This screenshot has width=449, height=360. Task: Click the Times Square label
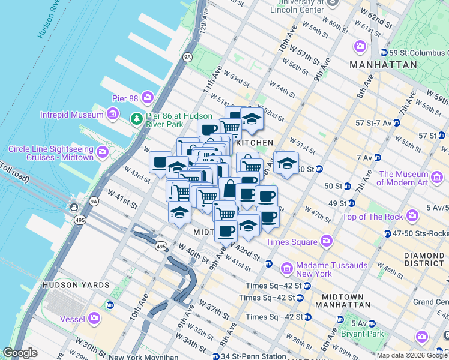[291, 242]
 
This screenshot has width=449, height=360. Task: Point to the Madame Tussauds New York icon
[287, 267]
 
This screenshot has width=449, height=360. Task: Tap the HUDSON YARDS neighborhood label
[76, 285]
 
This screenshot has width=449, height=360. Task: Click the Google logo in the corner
[20, 353]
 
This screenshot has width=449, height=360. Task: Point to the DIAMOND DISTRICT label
[423, 259]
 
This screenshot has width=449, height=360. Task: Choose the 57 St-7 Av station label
[373, 122]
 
